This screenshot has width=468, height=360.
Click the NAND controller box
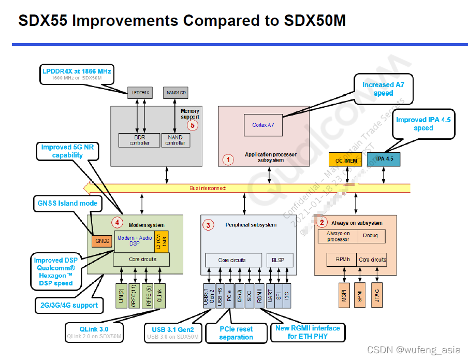175,140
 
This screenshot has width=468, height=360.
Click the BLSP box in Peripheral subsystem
280,260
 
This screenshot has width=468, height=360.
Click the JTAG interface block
378,294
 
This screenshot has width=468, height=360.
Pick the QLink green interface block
159,296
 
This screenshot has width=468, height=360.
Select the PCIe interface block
229,296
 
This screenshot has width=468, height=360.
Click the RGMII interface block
259,296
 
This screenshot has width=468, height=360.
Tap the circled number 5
193,124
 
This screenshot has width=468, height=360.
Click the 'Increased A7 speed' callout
384,89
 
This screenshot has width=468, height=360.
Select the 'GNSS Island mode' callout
67,204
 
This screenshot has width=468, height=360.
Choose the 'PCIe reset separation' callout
236,333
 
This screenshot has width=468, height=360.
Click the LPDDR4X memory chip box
141,93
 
